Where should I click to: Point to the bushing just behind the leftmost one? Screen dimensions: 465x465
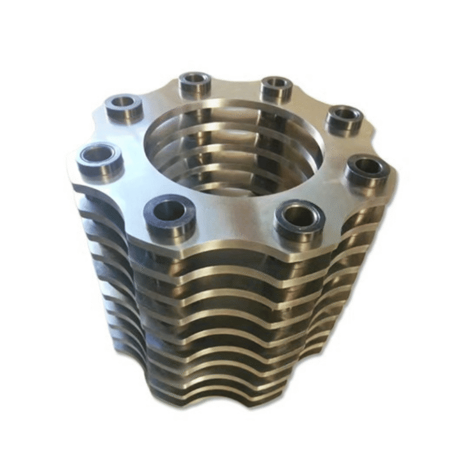click(x=124, y=105)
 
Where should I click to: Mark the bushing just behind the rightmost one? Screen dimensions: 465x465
click(x=345, y=116)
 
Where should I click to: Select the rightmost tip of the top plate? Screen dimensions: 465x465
click(x=397, y=182)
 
